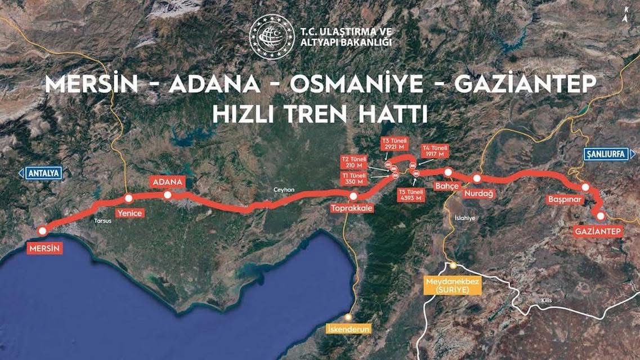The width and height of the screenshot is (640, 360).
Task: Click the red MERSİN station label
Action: tap(44, 247)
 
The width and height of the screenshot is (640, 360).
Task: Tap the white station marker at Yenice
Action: tap(128, 198)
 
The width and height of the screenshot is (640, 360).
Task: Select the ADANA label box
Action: tap(168, 182)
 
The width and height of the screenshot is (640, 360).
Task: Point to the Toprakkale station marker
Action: tap(353, 196)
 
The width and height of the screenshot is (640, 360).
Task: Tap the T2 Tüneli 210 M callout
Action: tap(355, 162)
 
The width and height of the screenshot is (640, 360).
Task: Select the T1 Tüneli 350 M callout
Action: tap(355, 179)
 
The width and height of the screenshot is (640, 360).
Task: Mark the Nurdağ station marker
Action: tap(477, 178)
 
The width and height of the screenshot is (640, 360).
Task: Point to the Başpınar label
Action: tap(563, 199)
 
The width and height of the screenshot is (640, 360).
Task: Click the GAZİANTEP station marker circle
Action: tap(601, 215)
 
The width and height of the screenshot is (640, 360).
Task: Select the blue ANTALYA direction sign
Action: tap(41, 173)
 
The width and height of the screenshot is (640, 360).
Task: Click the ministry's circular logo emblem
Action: tap(272, 37)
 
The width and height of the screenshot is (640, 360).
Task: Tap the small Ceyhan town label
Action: tap(284, 190)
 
